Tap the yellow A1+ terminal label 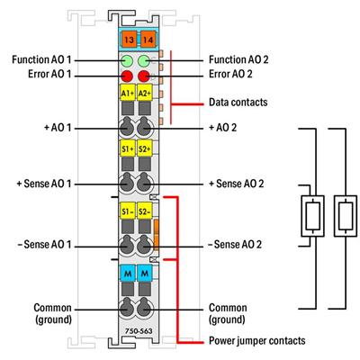[127, 94]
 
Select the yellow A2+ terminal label [144, 94]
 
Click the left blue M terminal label [127, 272]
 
